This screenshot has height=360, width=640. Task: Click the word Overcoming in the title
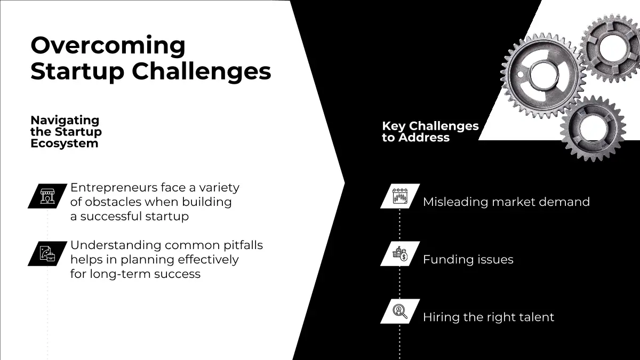pyautogui.click(x=108, y=46)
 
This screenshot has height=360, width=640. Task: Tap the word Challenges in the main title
pyautogui.click(x=201, y=71)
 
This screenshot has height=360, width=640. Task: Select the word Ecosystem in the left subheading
pyautogui.click(x=65, y=143)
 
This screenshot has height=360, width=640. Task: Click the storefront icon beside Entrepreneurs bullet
pyautogui.click(x=47, y=196)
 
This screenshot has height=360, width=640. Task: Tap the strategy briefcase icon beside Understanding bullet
pyautogui.click(x=47, y=254)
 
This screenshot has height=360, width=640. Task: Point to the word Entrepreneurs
pyautogui.click(x=114, y=188)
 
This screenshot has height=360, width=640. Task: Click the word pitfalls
pyautogui.click(x=243, y=246)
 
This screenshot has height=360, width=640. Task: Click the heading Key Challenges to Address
pyautogui.click(x=430, y=132)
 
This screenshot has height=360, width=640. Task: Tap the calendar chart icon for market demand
pyautogui.click(x=400, y=196)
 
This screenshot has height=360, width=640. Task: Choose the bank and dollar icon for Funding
pyautogui.click(x=400, y=254)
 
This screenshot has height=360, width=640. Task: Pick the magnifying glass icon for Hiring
pyautogui.click(x=400, y=311)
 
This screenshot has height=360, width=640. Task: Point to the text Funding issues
pyautogui.click(x=468, y=260)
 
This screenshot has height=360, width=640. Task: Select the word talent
pyautogui.click(x=537, y=317)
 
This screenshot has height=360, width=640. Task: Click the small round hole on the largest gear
pyautogui.click(x=521, y=75)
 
